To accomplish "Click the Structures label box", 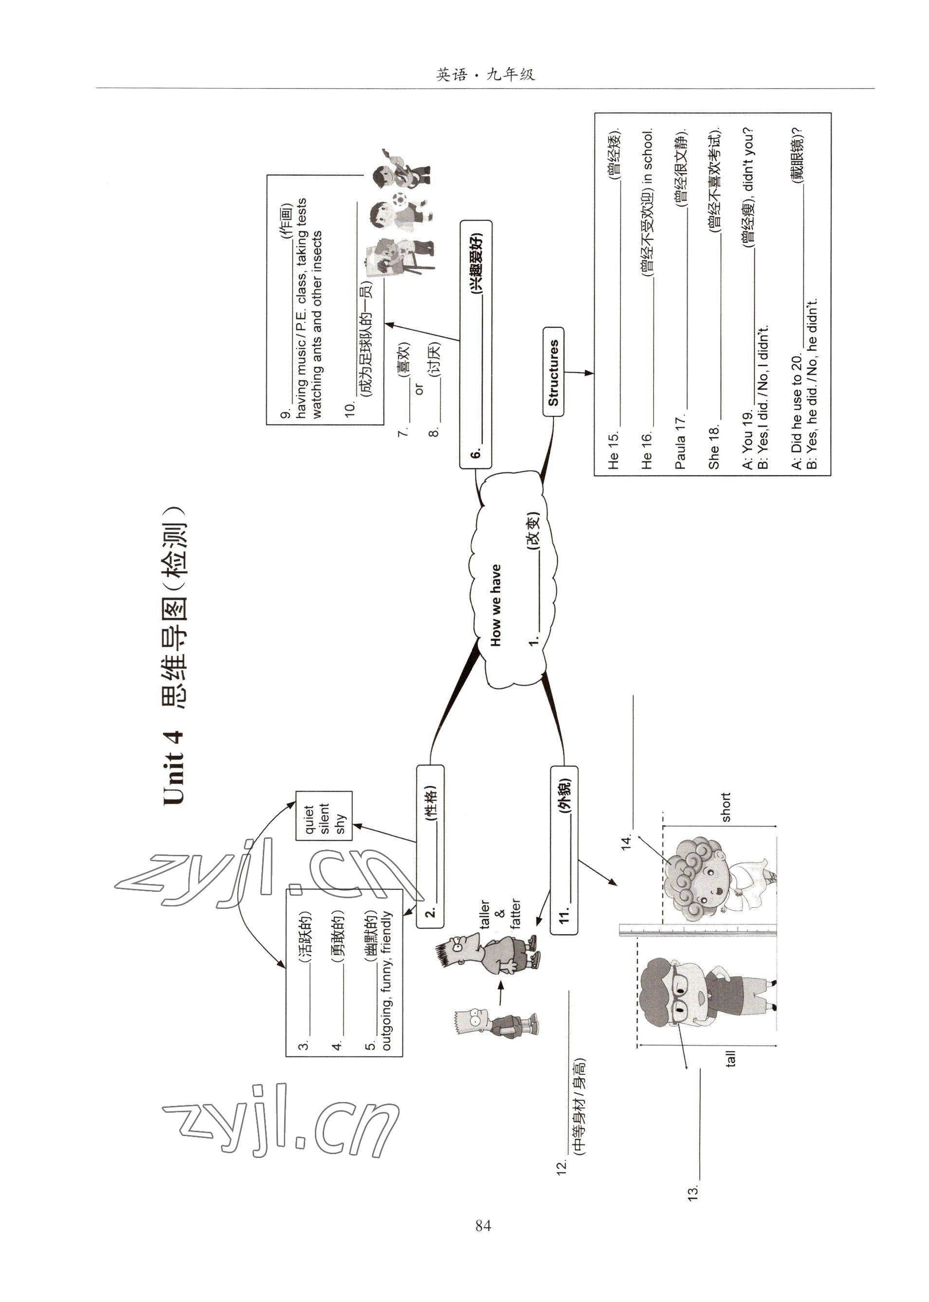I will coord(553,372).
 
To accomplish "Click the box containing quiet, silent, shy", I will coord(324,815).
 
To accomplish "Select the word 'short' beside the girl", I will coord(726,807).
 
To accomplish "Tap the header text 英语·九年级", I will coord(485,75).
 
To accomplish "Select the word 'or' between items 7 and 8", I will coord(420,389).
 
